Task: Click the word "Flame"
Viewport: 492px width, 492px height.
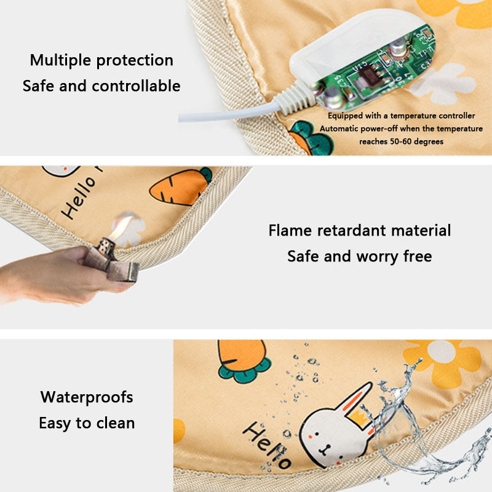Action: point(290,230)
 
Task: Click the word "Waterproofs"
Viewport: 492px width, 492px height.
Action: point(87,397)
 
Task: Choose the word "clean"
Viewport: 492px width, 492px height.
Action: point(116,423)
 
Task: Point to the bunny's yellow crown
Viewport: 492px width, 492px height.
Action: point(360,419)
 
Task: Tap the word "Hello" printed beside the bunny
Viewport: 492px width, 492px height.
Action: point(268,445)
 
